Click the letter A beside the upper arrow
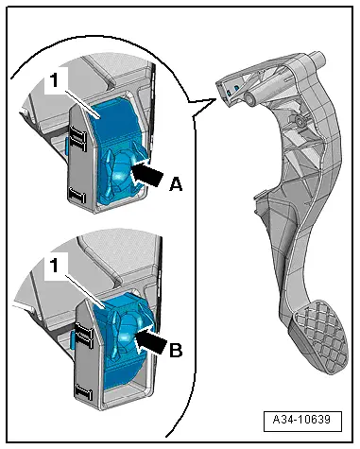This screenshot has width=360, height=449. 176,183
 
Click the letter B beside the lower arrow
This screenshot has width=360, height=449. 176,350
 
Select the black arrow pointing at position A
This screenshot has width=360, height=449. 146,173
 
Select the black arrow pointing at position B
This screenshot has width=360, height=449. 150,342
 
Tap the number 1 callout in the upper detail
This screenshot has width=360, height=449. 55,80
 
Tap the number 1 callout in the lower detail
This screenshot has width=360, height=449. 55,266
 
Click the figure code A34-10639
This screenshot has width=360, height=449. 301,420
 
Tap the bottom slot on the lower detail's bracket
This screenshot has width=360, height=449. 83,392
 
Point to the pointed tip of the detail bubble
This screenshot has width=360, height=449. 216,99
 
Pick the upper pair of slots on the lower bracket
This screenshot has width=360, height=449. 83,336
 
